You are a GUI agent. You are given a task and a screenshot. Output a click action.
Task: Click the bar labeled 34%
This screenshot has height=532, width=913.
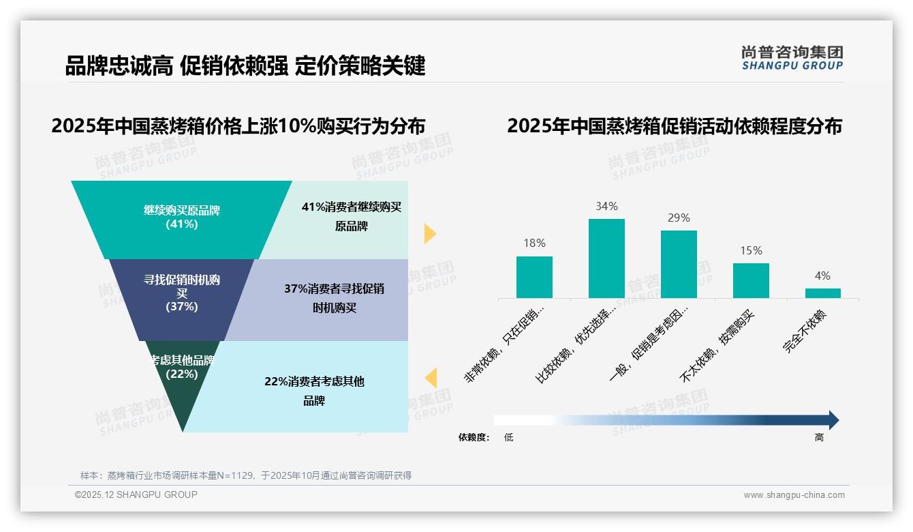pyautogui.click(x=606, y=258)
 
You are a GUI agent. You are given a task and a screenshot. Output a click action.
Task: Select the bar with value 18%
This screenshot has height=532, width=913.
pyautogui.click(x=534, y=277)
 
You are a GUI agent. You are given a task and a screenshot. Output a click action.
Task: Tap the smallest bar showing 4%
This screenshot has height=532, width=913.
pyautogui.click(x=822, y=293)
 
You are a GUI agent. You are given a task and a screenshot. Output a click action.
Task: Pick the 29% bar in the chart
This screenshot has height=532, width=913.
pyautogui.click(x=679, y=264)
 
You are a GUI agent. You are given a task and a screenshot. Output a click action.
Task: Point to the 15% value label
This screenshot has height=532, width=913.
pyautogui.click(x=751, y=251)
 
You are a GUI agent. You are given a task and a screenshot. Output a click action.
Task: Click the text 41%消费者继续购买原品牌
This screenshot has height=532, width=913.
pyautogui.click(x=352, y=216)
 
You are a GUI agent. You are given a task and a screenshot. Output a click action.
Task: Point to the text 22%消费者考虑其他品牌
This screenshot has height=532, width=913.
pyautogui.click(x=314, y=391)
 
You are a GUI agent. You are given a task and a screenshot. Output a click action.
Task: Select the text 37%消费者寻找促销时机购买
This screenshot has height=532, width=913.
pyautogui.click(x=334, y=298)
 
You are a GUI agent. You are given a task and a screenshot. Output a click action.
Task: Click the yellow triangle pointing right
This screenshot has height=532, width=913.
pyautogui.click(x=429, y=233)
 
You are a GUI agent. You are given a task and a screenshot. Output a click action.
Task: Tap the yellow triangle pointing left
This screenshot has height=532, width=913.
pyautogui.click(x=431, y=378)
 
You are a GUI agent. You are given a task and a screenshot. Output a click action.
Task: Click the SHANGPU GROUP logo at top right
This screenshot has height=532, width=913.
pyautogui.click(x=792, y=58)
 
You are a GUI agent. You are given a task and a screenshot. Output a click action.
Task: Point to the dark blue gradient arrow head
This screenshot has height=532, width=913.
pyautogui.click(x=833, y=420)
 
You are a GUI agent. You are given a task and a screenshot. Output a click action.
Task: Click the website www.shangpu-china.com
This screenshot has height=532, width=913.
pyautogui.click(x=794, y=495)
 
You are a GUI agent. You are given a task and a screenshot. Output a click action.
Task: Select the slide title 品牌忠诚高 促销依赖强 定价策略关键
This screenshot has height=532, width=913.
pyautogui.click(x=245, y=66)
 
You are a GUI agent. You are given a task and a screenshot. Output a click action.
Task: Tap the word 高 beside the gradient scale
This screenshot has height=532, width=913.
pyautogui.click(x=819, y=438)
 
